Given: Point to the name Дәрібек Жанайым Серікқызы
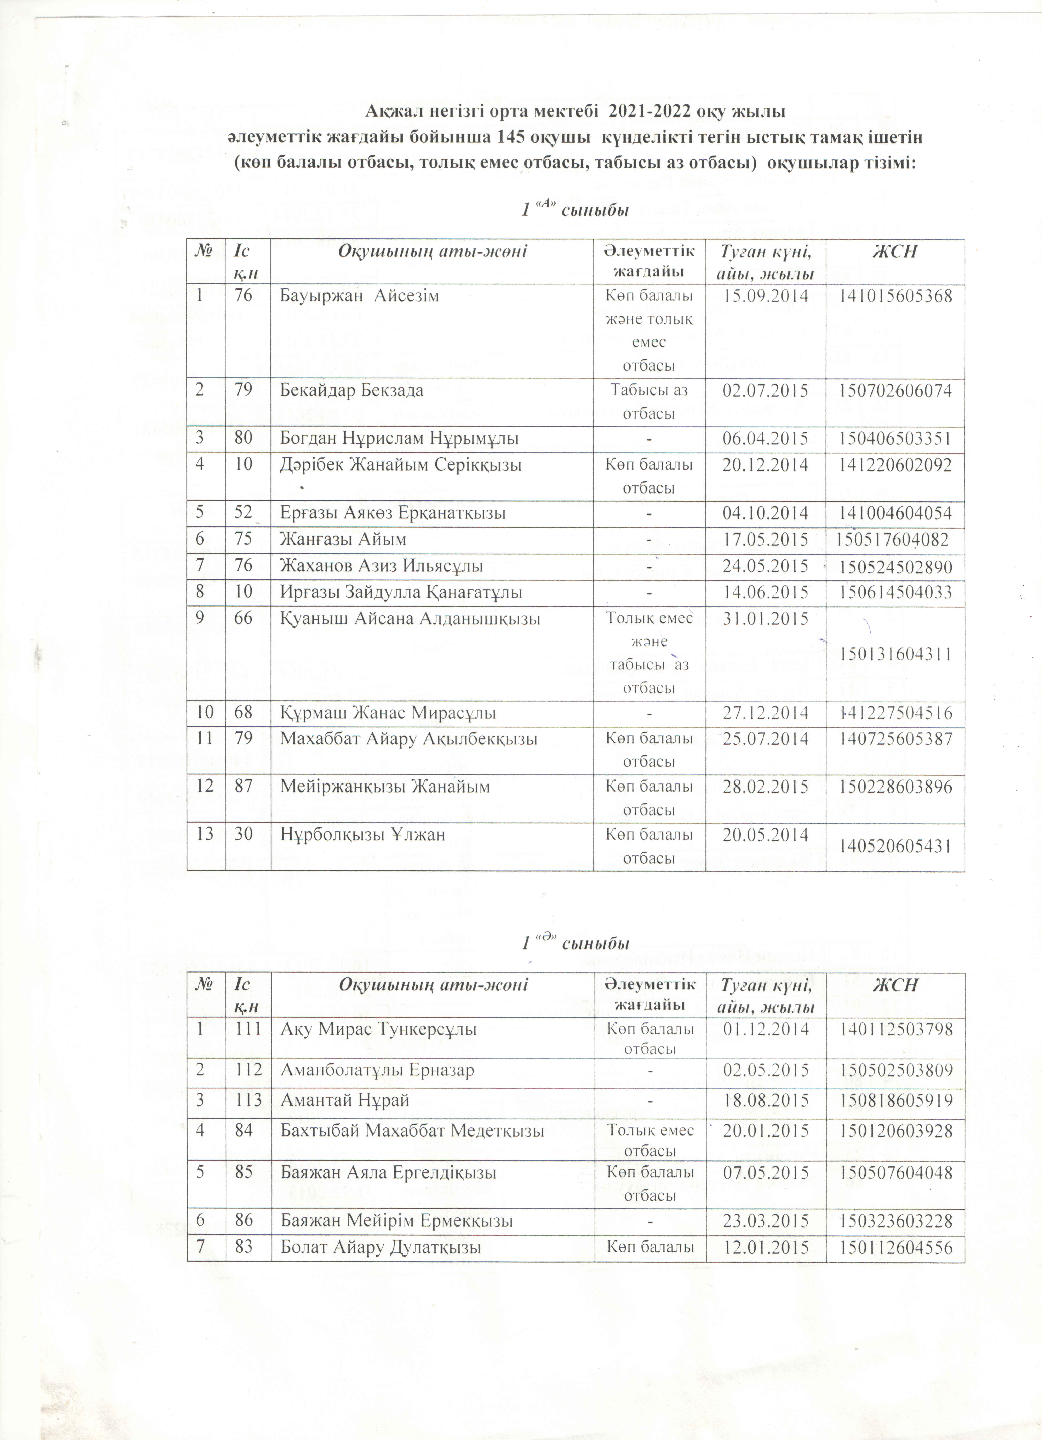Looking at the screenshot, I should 401,465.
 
